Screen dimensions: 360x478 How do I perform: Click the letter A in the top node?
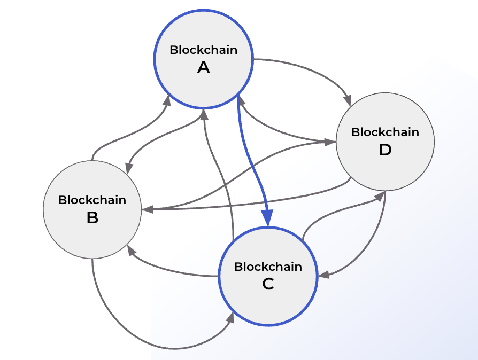tap(203, 67)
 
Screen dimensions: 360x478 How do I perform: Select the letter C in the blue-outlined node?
tap(268, 284)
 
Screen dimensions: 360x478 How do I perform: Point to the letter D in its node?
tap(385, 150)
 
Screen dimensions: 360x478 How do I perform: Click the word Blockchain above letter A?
tap(203, 50)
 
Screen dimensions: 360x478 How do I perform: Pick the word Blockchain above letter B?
tap(92, 200)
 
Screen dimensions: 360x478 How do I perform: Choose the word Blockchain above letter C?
tap(268, 267)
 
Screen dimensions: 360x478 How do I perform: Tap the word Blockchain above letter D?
tap(385, 132)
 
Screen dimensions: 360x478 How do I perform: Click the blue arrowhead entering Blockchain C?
tap(267, 220)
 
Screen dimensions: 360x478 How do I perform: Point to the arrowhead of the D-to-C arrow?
tap(322, 276)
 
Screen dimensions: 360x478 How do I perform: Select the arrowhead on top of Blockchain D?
tap(348, 100)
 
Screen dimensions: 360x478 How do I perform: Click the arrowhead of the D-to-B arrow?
tap(145, 210)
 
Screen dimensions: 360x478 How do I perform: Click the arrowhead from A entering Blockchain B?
tap(128, 169)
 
